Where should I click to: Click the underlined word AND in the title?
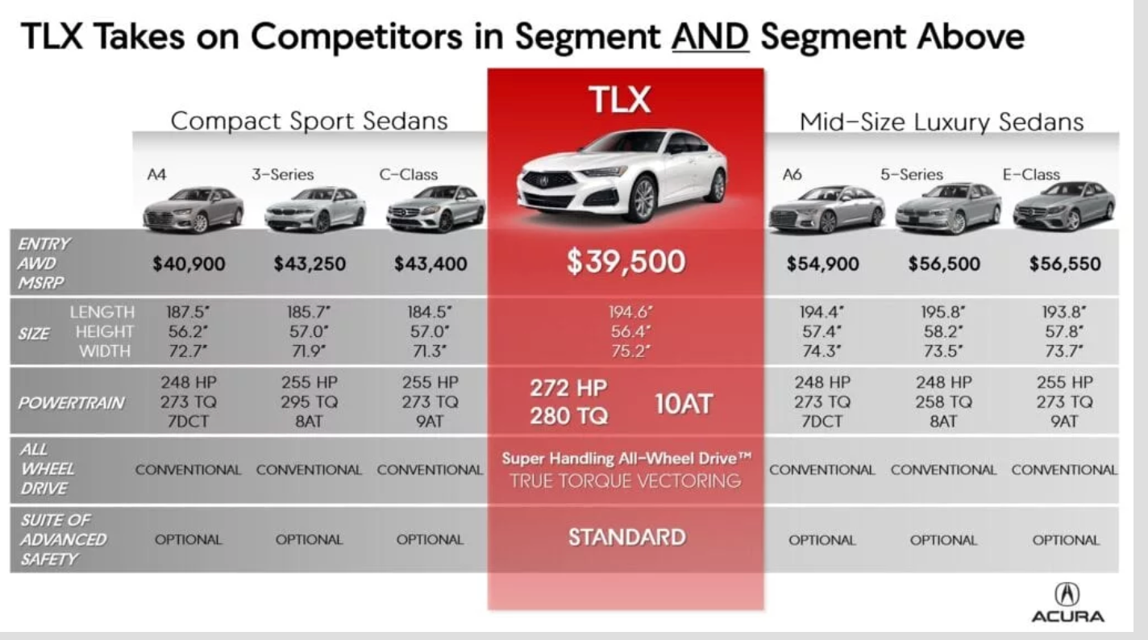tap(710, 37)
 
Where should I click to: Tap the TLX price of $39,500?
tap(626, 261)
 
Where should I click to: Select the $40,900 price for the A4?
tap(189, 264)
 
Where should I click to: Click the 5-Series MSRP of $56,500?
tap(944, 264)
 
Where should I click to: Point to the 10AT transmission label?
tap(684, 404)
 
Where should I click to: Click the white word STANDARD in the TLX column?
tap(626, 538)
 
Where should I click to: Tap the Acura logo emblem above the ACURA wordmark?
tap(1067, 594)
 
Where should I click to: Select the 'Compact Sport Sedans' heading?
tap(309, 121)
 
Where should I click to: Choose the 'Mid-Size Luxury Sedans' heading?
tap(942, 122)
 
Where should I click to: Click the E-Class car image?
tap(1064, 206)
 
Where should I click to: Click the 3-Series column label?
tap(282, 175)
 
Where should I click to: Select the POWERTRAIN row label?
tap(71, 403)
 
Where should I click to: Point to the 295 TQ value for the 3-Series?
tap(309, 401)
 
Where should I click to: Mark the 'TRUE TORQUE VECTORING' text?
tap(626, 480)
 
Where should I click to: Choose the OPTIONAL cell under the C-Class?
tap(430, 539)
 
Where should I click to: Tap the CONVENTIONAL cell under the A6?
tap(822, 470)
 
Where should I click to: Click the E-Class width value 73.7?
tap(1064, 351)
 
